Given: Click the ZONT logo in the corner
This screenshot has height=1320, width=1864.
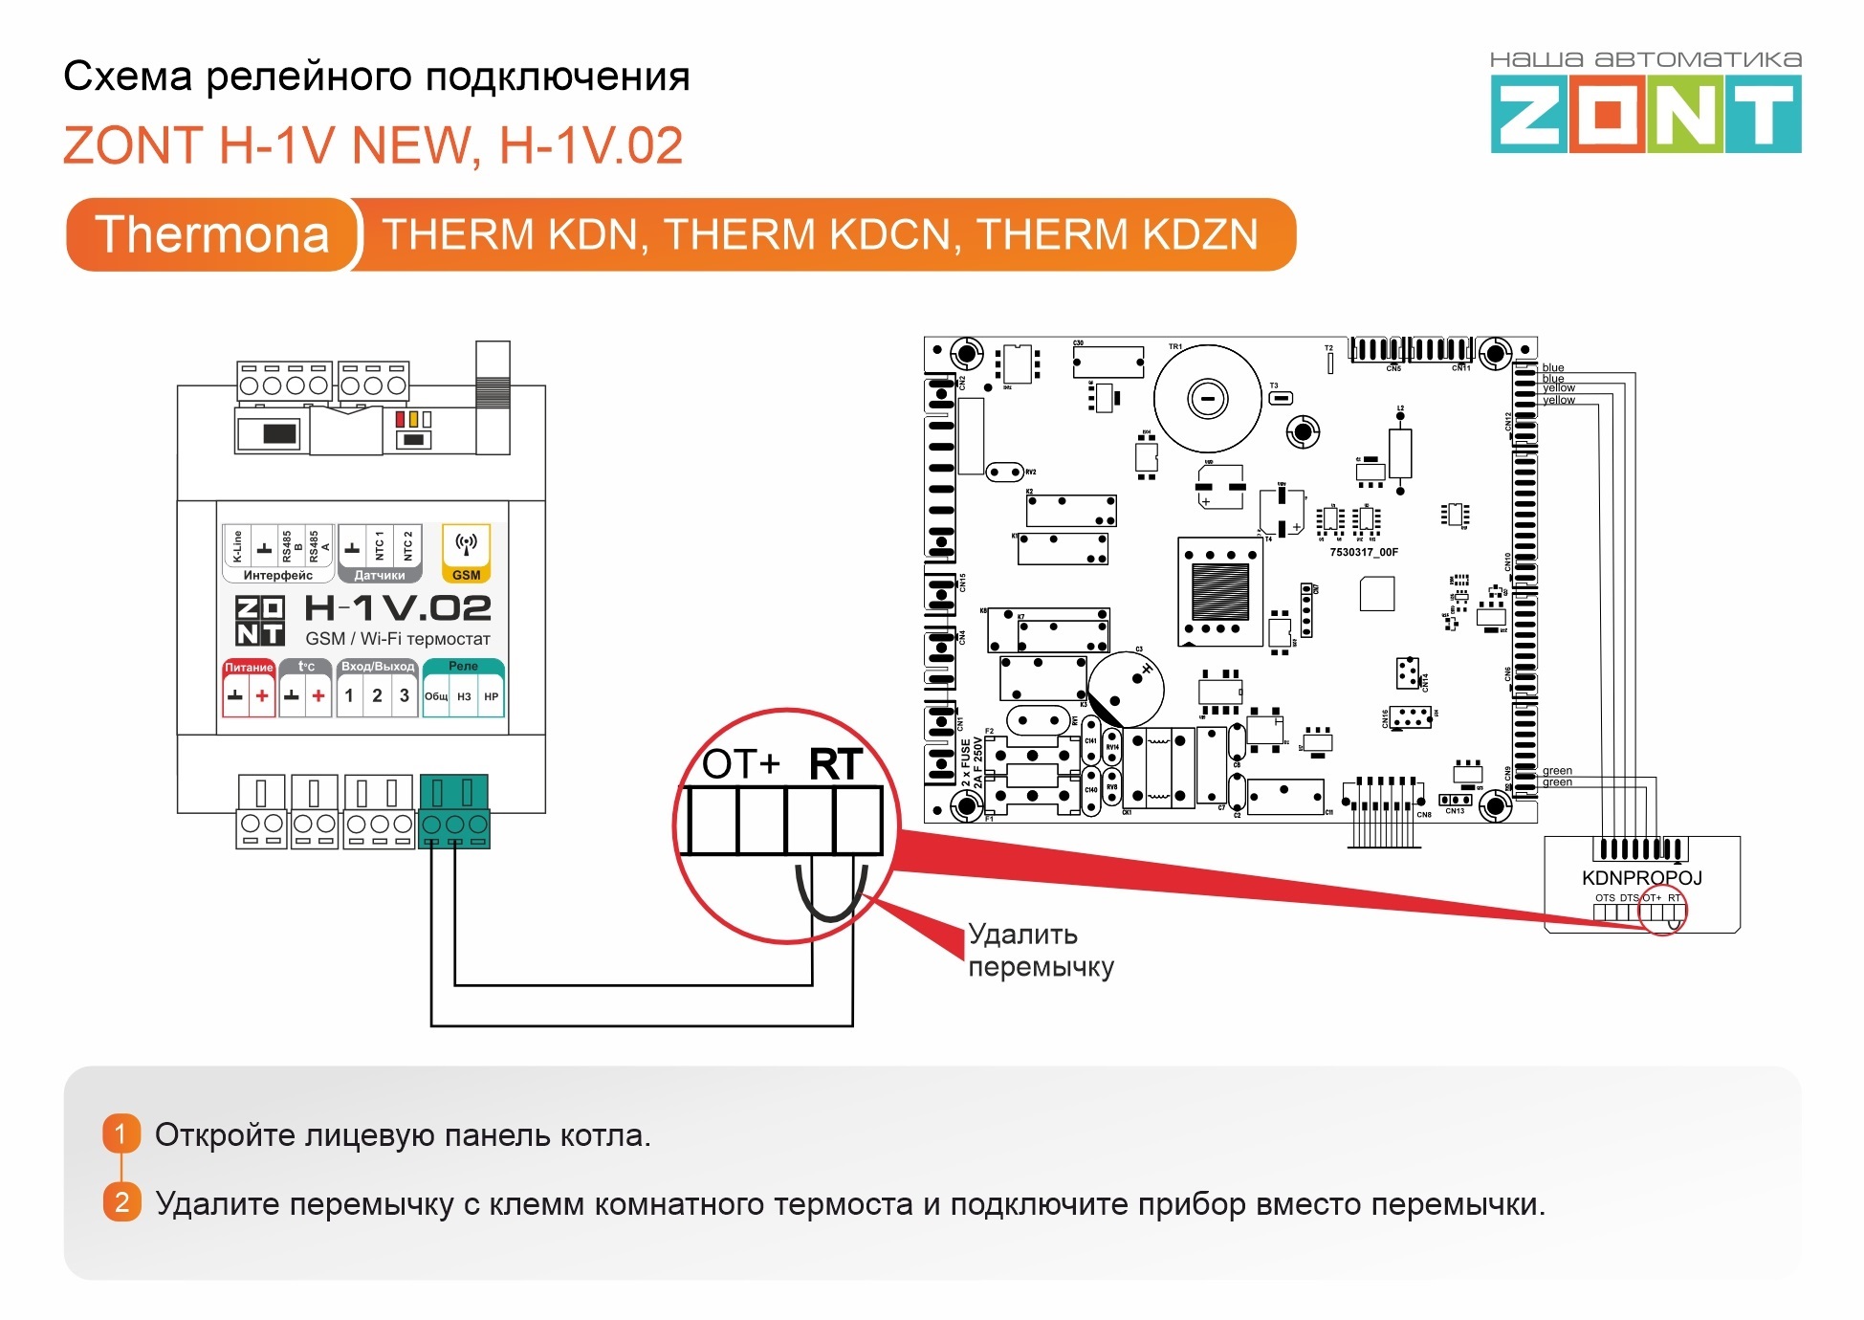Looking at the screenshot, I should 1645,115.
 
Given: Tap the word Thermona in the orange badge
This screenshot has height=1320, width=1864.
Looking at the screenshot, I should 212,235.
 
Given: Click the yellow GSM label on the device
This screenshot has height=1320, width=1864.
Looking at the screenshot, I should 466,575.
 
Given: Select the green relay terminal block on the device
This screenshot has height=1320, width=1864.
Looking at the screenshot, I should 454,811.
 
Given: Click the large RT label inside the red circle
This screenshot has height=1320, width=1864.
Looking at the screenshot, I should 836,764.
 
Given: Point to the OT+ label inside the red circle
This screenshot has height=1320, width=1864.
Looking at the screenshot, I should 741,764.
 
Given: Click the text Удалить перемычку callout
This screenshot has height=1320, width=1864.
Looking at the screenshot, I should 1041,950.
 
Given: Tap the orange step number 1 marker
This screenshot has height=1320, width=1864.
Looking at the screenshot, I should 121,1134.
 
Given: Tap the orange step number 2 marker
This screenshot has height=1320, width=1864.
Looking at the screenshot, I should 121,1202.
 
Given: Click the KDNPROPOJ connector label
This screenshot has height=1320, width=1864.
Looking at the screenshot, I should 1642,878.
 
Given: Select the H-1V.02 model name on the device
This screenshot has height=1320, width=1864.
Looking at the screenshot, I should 397,608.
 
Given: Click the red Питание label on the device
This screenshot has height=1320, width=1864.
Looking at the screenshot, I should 249,667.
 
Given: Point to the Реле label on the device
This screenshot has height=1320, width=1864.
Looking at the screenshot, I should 463,666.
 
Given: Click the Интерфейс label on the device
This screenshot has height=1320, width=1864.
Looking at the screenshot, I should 277,575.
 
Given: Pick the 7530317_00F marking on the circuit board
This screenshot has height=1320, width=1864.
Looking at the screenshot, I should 1364,552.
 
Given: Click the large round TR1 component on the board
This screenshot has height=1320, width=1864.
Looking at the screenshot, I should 1207,398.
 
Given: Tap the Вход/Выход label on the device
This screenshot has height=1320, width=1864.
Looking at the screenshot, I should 378,666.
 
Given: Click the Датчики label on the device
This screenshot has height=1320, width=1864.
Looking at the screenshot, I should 380,575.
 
